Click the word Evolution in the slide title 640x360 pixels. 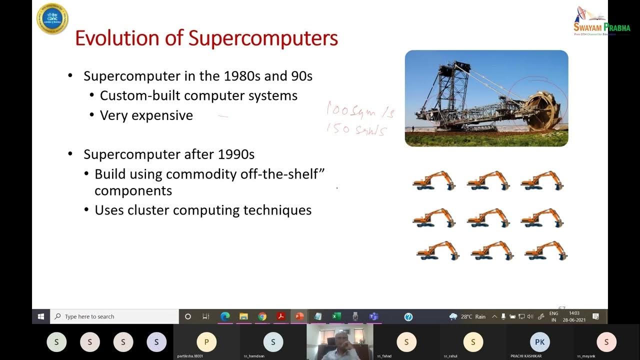tap(117, 38)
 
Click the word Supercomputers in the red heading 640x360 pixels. tap(263, 38)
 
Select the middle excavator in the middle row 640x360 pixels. tap(488, 218)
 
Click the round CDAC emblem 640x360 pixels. tap(52, 18)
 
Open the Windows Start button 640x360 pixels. tap(41, 316)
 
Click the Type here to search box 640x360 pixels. tap(115, 316)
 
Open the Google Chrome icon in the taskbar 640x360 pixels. tap(262, 316)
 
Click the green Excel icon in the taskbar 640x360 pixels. tap(336, 316)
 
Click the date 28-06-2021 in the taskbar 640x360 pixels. tap(574, 320)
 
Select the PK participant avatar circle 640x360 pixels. tap(539, 342)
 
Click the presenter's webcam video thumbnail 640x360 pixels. tap(339, 342)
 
